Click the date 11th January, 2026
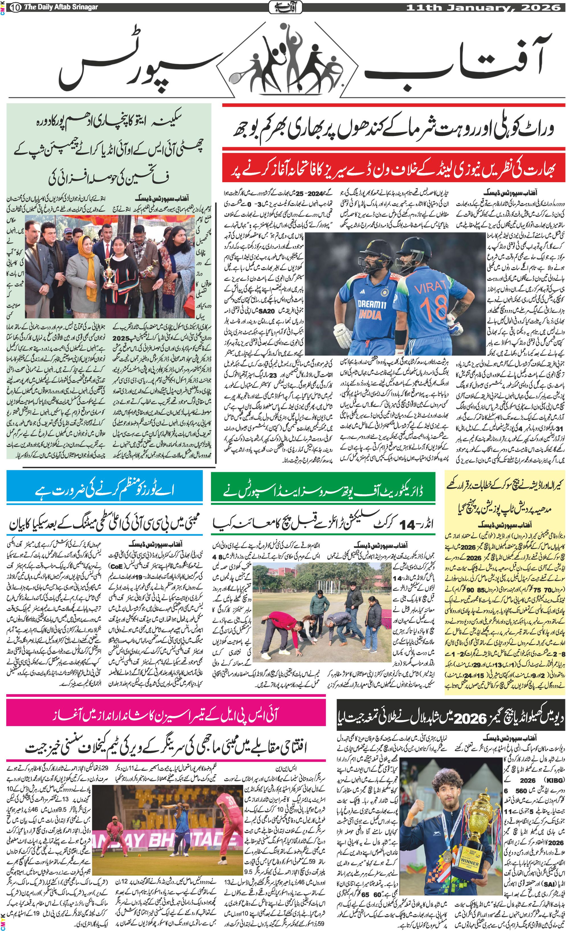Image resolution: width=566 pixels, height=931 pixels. (x=483, y=7)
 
